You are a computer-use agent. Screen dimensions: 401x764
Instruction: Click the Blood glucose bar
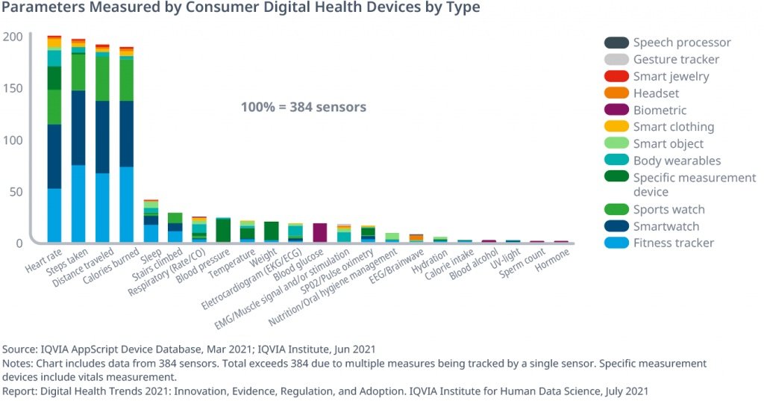[x=319, y=232]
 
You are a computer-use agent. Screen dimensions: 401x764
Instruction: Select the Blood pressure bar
[x=223, y=230]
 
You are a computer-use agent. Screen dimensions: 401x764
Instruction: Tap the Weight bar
[x=272, y=231]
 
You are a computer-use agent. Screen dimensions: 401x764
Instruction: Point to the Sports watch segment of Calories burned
[x=126, y=80]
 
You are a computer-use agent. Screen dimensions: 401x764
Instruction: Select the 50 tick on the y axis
[x=16, y=192]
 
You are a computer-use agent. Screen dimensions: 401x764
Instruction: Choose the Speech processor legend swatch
[x=616, y=43]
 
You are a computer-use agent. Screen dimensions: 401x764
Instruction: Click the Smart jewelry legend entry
[x=671, y=76]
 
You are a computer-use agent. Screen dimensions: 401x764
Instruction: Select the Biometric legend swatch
[x=616, y=110]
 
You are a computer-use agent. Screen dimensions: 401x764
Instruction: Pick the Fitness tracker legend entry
[x=673, y=243]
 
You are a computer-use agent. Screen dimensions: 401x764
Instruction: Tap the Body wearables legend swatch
[x=616, y=161]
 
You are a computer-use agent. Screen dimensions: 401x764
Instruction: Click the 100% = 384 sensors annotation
[x=303, y=107]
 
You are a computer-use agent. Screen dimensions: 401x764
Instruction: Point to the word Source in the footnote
[x=20, y=349]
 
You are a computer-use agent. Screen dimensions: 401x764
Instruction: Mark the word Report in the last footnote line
[x=20, y=391]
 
